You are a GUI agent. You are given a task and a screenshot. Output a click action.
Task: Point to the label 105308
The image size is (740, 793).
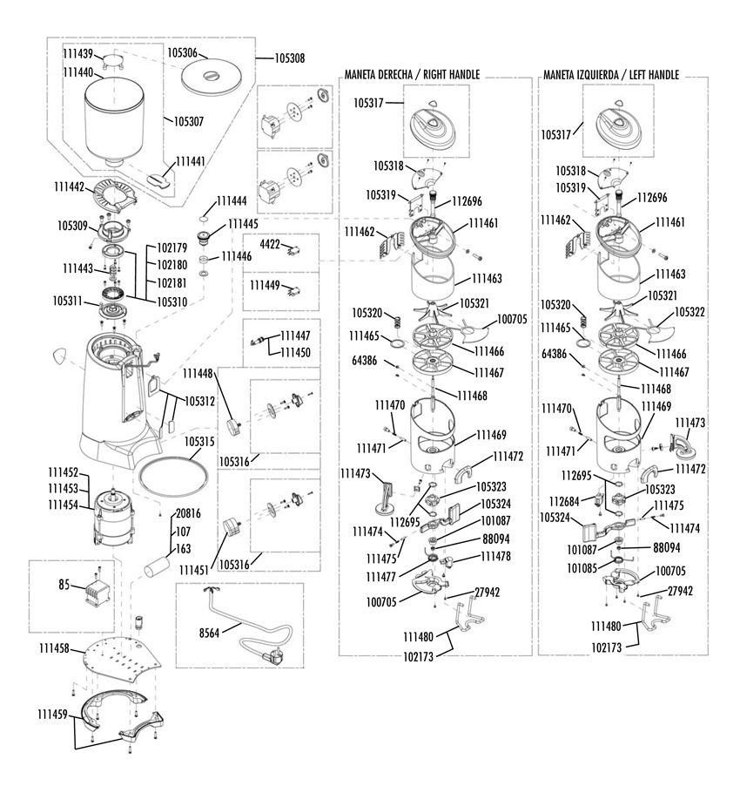tap(289, 58)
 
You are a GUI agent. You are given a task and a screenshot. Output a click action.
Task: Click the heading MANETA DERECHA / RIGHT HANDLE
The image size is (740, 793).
tap(412, 76)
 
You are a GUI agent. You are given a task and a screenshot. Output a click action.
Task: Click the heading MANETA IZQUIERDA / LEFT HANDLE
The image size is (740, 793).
tap(610, 76)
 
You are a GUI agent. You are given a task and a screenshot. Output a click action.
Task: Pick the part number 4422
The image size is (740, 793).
tap(271, 245)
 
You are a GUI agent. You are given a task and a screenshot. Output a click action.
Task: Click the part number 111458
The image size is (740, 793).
tap(55, 649)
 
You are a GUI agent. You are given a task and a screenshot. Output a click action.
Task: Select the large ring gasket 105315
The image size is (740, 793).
tap(174, 478)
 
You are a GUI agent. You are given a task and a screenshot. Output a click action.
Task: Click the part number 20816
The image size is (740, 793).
tap(189, 513)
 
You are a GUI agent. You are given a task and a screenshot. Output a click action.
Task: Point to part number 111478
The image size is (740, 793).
tap(495, 556)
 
